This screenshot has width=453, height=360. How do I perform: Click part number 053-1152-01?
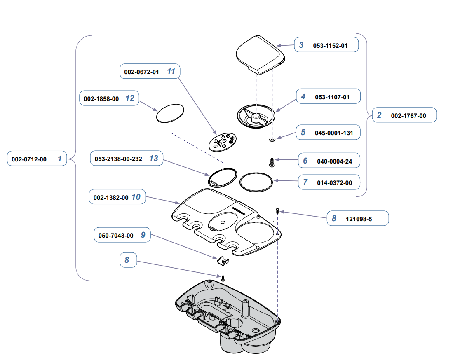tap(330, 46)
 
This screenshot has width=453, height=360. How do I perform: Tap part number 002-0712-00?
tap(29, 159)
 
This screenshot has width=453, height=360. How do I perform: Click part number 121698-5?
tap(359, 219)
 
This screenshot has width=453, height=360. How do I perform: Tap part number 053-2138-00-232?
tap(118, 159)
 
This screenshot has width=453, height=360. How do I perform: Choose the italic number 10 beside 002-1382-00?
tap(136, 197)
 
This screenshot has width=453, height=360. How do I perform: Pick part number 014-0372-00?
tap(334, 182)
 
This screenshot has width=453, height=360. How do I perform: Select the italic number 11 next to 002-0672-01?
tap(171, 71)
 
